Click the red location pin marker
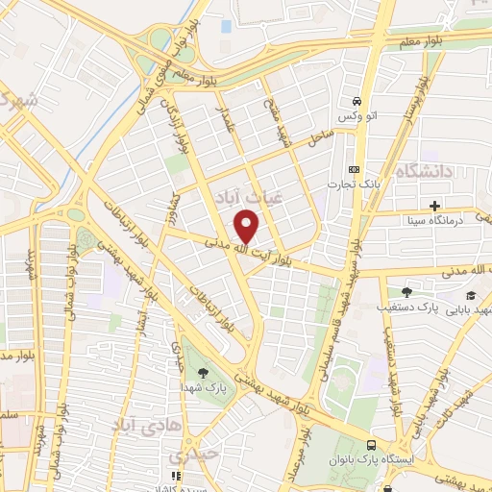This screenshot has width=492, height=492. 247,226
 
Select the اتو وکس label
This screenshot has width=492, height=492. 355,116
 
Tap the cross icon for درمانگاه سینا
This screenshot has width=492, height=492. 435,205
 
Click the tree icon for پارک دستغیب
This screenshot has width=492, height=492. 406,291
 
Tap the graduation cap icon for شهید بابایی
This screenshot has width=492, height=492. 470,294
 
